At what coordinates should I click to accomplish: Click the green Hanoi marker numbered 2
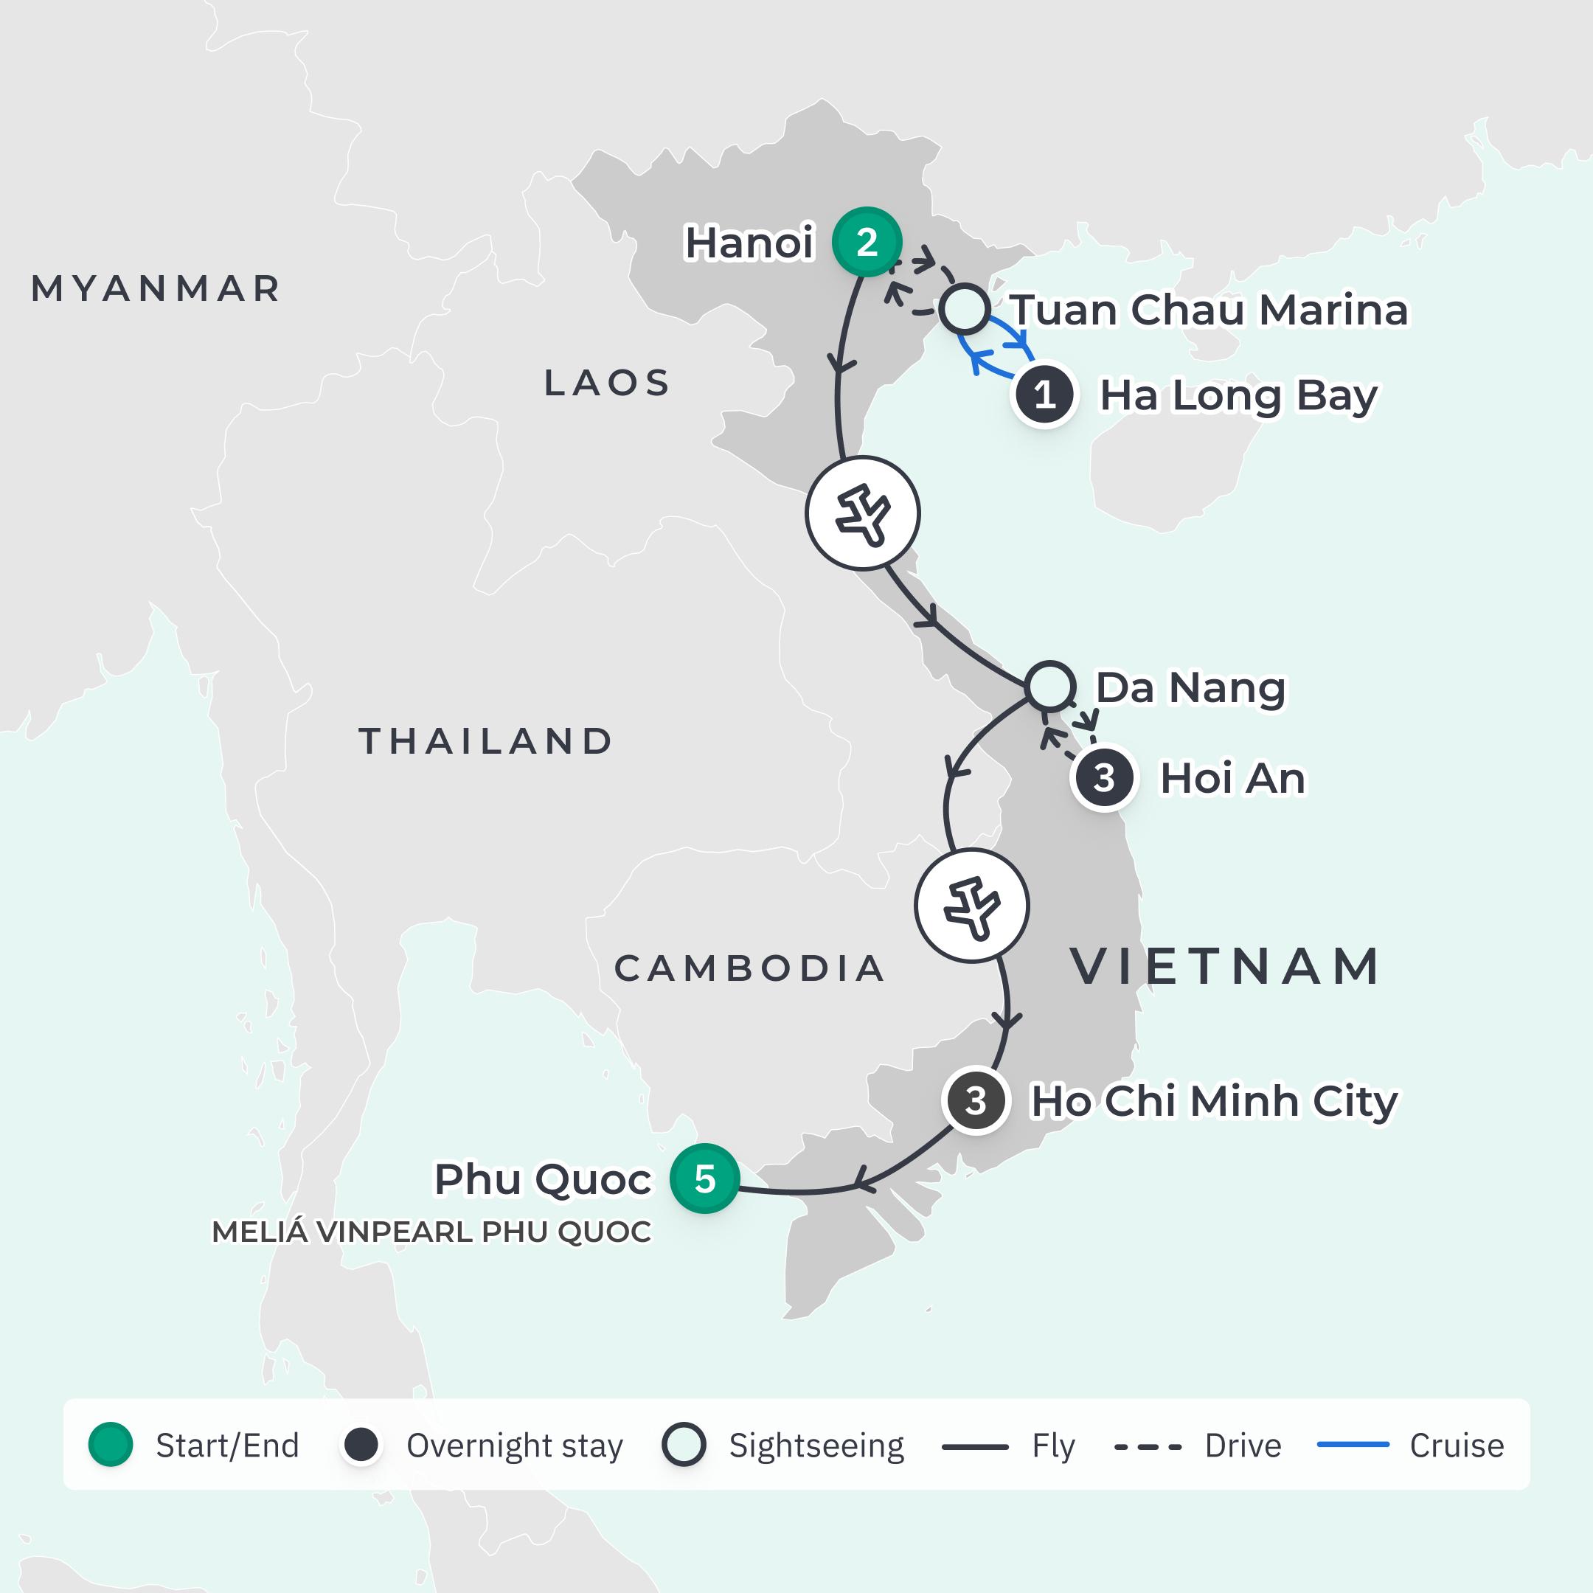866,242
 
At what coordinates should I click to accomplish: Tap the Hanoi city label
749,243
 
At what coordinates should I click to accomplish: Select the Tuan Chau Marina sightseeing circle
964,309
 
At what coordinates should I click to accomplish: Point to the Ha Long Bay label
1238,395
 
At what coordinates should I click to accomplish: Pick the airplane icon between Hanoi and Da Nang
861,513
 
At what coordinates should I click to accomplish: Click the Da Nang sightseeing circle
1049,686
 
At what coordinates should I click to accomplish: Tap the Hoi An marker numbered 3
1104,777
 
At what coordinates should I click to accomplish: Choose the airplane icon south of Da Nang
971,906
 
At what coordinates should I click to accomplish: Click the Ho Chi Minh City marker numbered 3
976,1101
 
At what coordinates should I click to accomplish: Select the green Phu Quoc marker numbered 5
704,1179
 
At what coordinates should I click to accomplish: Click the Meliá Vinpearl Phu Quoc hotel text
431,1232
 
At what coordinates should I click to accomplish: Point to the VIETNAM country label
1225,966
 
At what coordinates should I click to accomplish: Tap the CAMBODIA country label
749,968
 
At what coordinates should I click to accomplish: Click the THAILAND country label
486,741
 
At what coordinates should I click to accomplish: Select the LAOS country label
607,383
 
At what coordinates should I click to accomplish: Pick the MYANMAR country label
156,288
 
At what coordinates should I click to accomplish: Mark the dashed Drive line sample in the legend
1148,1446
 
